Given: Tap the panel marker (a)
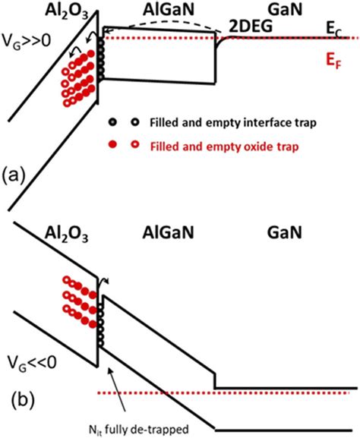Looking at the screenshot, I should pos(16,175).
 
